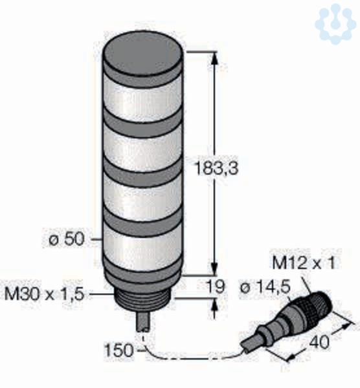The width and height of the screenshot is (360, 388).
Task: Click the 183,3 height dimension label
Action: (x=216, y=168)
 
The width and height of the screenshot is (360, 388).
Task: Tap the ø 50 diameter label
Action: (x=67, y=239)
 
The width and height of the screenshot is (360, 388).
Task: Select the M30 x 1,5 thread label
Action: (x=45, y=294)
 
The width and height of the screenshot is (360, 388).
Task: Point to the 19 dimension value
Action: (x=216, y=286)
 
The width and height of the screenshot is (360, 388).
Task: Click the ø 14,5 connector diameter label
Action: (x=265, y=288)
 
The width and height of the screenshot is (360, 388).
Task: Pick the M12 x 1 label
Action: (x=304, y=263)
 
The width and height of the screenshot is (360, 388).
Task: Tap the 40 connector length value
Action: (x=320, y=341)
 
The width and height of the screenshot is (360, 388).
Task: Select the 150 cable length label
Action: (x=119, y=350)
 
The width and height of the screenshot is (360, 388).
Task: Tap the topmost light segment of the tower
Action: (x=142, y=98)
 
